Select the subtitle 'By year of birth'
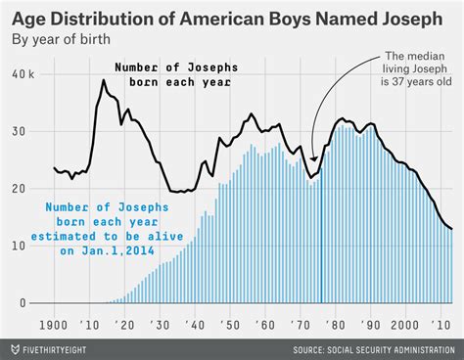pyautogui.click(x=61, y=40)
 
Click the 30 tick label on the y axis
pyautogui.click(x=22, y=132)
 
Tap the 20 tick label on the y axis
pyautogui.click(x=22, y=189)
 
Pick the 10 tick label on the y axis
pyautogui.click(x=22, y=246)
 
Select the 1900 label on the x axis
pyautogui.click(x=55, y=324)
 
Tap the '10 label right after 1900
pyautogui.click(x=90, y=324)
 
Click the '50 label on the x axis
pyautogui.click(x=233, y=324)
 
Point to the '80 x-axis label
pyautogui.click(x=340, y=324)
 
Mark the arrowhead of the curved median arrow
pyautogui.click(x=314, y=159)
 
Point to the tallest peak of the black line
pyautogui.click(x=103, y=81)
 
